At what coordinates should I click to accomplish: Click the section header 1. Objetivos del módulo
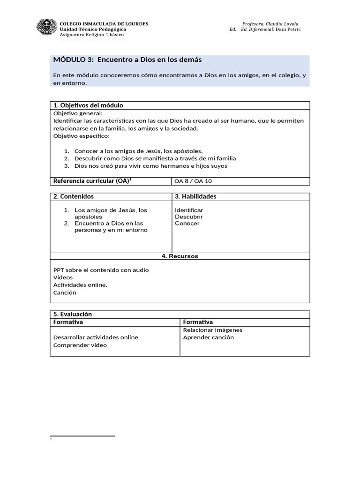[x=88, y=105]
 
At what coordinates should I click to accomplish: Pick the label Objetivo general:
[x=78, y=113]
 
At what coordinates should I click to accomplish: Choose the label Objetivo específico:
[x=81, y=136]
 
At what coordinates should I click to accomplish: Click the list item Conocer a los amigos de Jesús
[x=138, y=151]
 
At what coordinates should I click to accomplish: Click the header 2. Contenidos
[x=74, y=197]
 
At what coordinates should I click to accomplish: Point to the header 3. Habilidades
[x=195, y=197]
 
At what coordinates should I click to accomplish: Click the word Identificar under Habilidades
[x=189, y=210]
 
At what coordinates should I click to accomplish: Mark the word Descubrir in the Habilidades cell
[x=189, y=217]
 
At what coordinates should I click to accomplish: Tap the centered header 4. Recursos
[x=180, y=256]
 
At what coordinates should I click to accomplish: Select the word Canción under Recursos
[x=65, y=293]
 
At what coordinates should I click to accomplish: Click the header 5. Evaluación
[x=73, y=315]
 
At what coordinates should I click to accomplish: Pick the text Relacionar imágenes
[x=212, y=330]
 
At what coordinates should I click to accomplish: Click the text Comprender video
[x=80, y=345]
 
